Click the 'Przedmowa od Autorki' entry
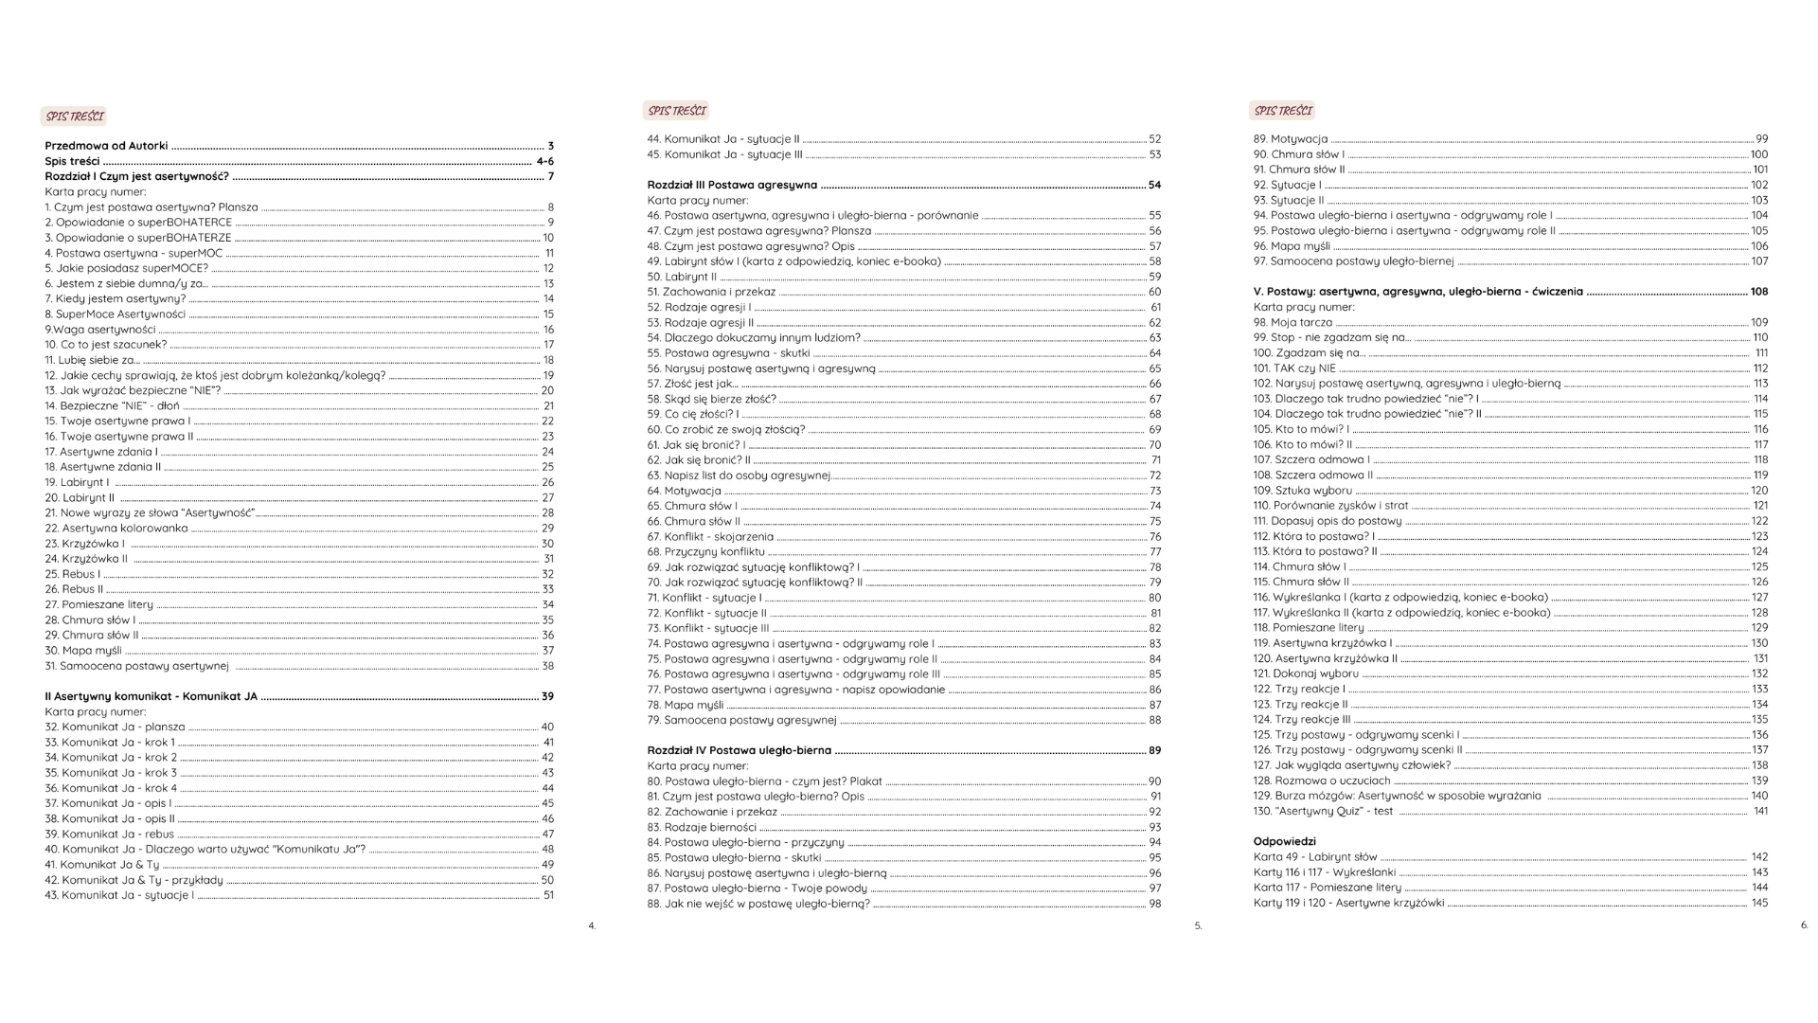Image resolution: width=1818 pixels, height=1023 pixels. coord(106,146)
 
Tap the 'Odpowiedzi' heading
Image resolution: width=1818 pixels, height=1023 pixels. coord(1284,841)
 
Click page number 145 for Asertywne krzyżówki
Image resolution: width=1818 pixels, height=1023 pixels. coord(1759,903)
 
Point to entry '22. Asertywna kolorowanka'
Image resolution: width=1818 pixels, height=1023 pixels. coord(116,529)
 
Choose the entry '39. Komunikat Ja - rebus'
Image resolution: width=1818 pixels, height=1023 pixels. coord(110,835)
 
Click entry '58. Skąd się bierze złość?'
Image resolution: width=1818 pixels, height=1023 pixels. coord(711,400)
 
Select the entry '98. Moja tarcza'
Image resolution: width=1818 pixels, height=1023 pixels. coord(1292,323)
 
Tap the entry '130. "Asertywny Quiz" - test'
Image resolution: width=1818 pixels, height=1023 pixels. coord(1323,811)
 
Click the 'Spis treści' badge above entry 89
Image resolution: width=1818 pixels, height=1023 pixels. coord(1283,111)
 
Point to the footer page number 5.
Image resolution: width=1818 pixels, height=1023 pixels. coord(1198,926)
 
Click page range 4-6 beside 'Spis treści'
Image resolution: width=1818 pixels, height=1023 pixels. coord(544,161)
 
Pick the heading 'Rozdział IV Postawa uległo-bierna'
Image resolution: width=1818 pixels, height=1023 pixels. coord(739,750)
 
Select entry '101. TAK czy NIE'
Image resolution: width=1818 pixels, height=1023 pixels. coord(1294,368)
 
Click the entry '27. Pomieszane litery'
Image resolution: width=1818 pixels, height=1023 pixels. coord(98,604)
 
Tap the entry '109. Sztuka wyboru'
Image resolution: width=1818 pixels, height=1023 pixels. coord(1302,491)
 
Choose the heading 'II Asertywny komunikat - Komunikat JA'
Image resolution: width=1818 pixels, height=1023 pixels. coord(151,696)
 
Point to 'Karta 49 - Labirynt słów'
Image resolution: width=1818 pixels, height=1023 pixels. coord(1315,857)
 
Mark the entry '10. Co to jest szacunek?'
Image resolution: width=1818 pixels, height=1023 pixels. coord(105,345)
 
